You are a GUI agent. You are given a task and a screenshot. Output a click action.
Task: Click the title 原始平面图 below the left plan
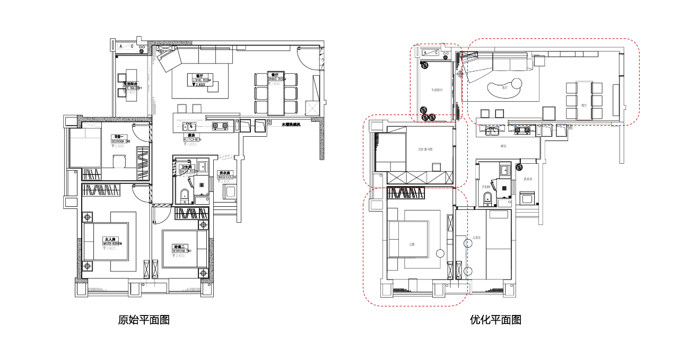pyautogui.click(x=144, y=320)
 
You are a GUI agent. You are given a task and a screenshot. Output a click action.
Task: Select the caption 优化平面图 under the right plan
pyautogui.click(x=495, y=320)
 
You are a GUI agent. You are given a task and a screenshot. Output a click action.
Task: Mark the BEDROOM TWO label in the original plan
pyautogui.click(x=179, y=250)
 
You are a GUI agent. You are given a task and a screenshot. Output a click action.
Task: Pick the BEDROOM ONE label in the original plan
pyautogui.click(x=120, y=141)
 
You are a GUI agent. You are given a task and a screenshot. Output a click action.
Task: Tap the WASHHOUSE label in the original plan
pyautogui.click(x=227, y=177)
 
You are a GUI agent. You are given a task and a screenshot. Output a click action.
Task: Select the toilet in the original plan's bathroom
pyautogui.click(x=184, y=196)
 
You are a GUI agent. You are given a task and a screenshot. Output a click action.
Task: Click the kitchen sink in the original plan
pyautogui.click(x=189, y=126)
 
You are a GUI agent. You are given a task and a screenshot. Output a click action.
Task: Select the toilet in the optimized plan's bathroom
pyautogui.click(x=488, y=198)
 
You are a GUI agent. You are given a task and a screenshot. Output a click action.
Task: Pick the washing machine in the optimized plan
pyautogui.click(x=528, y=199)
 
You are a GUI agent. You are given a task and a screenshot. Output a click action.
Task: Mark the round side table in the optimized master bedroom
pyautogui.click(x=440, y=253)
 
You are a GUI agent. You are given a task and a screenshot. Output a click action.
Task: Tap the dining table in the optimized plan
pyautogui.click(x=584, y=99)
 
